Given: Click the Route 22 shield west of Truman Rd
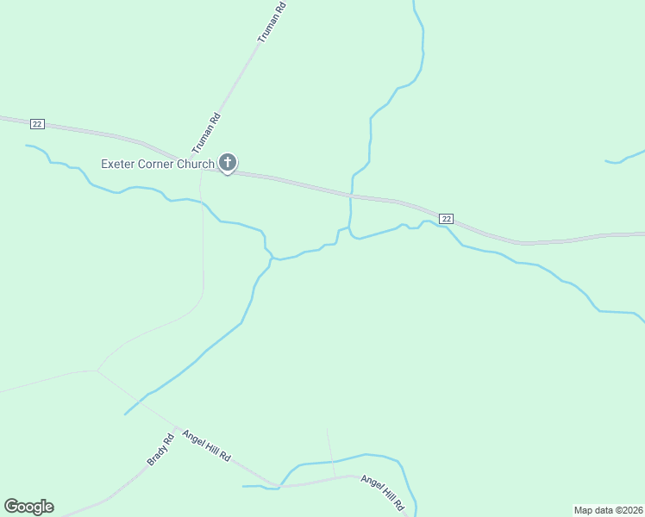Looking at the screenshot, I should click(36, 124).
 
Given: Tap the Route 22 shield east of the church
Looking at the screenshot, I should click(445, 219).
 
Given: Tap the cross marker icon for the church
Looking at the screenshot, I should click(228, 162).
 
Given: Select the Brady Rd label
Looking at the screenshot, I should click(161, 449).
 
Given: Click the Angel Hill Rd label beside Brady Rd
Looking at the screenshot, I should click(207, 445).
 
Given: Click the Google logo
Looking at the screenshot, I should click(28, 507).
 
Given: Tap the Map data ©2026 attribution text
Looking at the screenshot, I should click(608, 509).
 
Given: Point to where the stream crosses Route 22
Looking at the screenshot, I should click(351, 196).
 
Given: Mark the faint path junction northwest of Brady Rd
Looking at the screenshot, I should click(97, 371).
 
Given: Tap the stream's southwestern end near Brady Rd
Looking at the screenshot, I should click(126, 414).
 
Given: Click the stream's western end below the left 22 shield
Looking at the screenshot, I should click(28, 146).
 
